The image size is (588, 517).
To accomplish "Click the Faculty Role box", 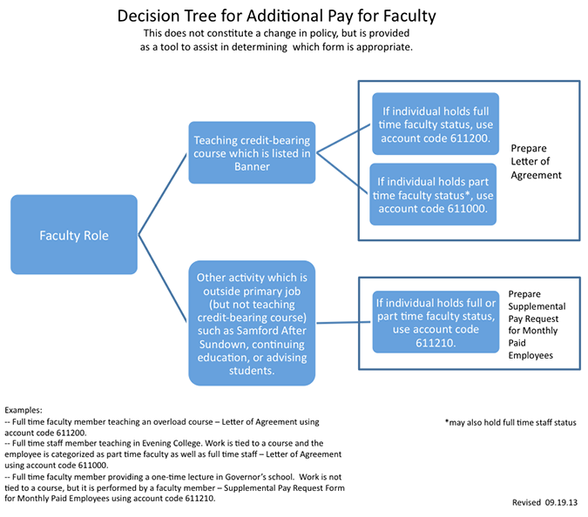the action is (74, 234).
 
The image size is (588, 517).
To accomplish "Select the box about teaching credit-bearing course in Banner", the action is (252, 152).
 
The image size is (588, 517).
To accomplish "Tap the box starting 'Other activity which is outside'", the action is (252, 323).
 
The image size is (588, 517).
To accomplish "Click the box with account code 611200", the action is (436, 124).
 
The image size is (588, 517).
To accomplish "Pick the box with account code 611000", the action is (433, 194).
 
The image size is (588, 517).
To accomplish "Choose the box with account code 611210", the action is (436, 322).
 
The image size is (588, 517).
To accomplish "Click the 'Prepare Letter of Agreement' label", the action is (536, 162).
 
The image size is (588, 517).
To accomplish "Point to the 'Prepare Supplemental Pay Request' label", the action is (537, 325).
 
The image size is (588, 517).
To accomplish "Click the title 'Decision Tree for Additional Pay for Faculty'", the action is (276, 16).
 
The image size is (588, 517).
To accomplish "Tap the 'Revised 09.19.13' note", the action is (544, 502).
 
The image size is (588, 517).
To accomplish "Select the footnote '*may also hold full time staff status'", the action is (510, 423).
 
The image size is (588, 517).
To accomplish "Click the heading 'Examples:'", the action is (24, 410).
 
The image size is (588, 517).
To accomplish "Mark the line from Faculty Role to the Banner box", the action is (163, 194).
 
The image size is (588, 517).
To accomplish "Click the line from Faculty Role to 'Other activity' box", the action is (163, 279).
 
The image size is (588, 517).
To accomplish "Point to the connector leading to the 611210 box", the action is (343, 322).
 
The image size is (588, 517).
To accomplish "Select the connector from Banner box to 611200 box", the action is (343, 138).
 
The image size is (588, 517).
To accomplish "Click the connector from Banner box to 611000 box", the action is (342, 173).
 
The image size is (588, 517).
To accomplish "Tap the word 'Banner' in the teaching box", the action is (252, 166).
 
